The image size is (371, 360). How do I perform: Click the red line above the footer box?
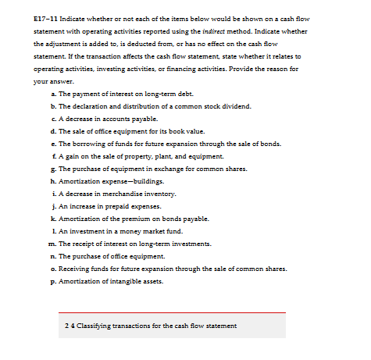point(173,312)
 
